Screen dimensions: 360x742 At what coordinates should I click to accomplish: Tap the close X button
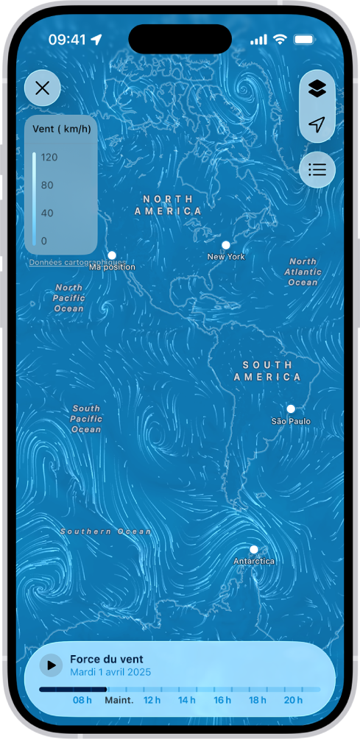pyautogui.click(x=43, y=89)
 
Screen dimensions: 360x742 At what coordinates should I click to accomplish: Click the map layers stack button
pyautogui.click(x=317, y=89)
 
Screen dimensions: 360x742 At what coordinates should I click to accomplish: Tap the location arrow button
pyautogui.click(x=317, y=125)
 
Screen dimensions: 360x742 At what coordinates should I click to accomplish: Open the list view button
pyautogui.click(x=317, y=170)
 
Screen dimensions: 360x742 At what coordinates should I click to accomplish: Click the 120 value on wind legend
pyautogui.click(x=49, y=158)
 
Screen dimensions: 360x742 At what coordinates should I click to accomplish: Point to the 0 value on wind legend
pyautogui.click(x=44, y=241)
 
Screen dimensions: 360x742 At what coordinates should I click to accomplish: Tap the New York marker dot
pyautogui.click(x=226, y=245)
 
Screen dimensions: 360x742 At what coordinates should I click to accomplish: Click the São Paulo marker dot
pyautogui.click(x=291, y=409)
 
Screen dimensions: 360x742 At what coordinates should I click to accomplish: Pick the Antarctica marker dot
pyautogui.click(x=253, y=549)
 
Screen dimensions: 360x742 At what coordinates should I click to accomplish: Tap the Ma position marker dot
pyautogui.click(x=112, y=255)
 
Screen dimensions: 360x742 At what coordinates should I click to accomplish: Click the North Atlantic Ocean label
pyautogui.click(x=303, y=272)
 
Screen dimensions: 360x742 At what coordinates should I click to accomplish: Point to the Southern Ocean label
pyautogui.click(x=106, y=531)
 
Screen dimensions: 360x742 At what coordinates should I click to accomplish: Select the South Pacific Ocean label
pyautogui.click(x=86, y=419)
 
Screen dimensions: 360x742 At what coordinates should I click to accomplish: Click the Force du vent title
pyautogui.click(x=107, y=660)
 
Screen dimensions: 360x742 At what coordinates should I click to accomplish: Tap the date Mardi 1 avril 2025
pyautogui.click(x=110, y=672)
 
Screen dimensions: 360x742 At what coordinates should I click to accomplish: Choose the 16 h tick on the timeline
pyautogui.click(x=222, y=700)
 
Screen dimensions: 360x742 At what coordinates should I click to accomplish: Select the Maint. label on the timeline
pyautogui.click(x=119, y=700)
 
